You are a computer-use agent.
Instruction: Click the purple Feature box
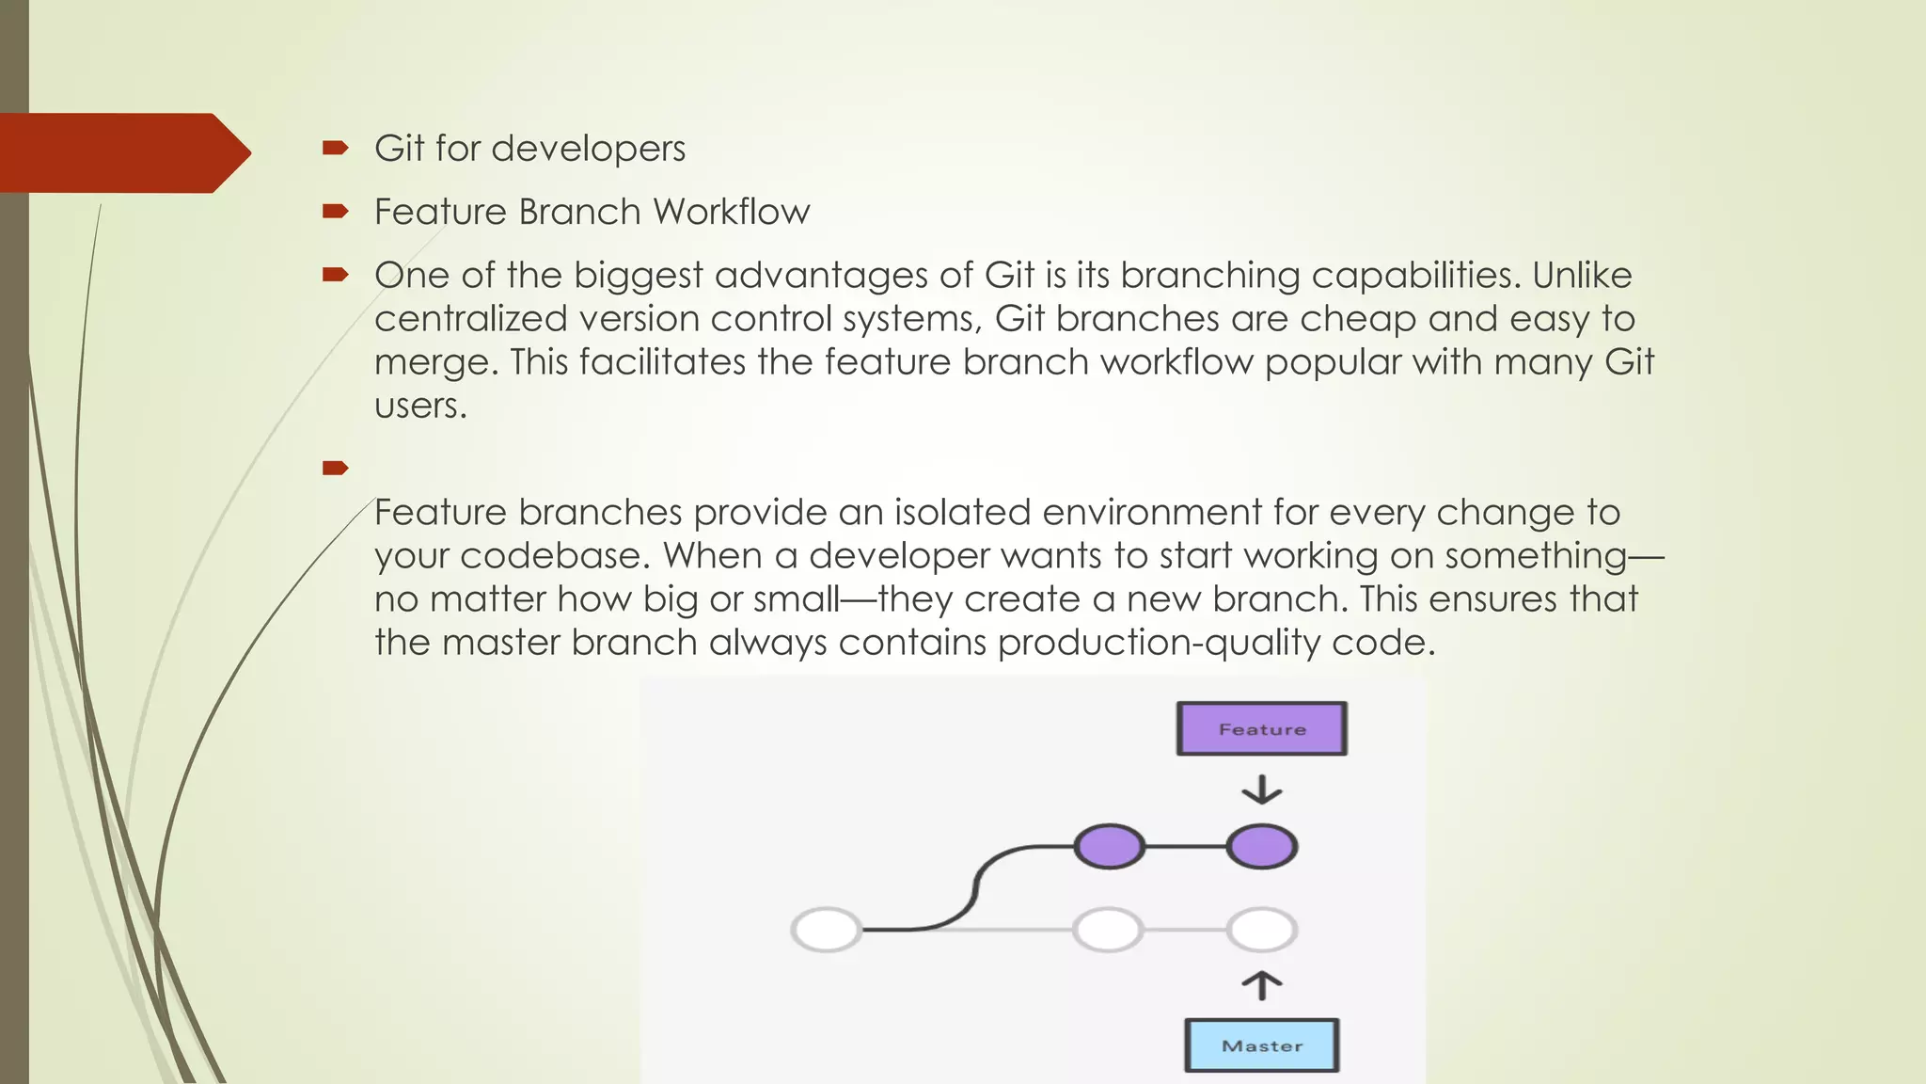click(x=1261, y=728)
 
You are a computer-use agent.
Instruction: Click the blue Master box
click(x=1261, y=1045)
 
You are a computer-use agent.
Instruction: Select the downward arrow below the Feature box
click(x=1261, y=789)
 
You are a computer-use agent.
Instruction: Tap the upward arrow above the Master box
click(x=1261, y=985)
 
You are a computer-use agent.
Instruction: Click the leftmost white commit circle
click(x=827, y=930)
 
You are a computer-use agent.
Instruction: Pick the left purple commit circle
click(x=1110, y=846)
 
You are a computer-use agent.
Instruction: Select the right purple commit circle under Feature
click(x=1261, y=846)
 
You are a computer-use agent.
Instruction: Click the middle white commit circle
click(x=1108, y=930)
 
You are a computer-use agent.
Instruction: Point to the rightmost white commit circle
click(x=1261, y=930)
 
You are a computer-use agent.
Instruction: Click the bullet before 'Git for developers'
click(x=335, y=148)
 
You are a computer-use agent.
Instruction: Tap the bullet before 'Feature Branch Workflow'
click(x=335, y=211)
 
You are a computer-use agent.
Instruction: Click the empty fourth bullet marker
click(x=335, y=468)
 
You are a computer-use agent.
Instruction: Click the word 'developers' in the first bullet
click(x=588, y=149)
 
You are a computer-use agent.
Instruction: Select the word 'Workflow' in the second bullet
click(x=732, y=212)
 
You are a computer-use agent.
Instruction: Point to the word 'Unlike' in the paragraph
click(x=1582, y=275)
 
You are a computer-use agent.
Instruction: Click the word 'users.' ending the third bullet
click(x=420, y=406)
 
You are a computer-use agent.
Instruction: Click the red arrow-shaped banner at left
click(x=122, y=152)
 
